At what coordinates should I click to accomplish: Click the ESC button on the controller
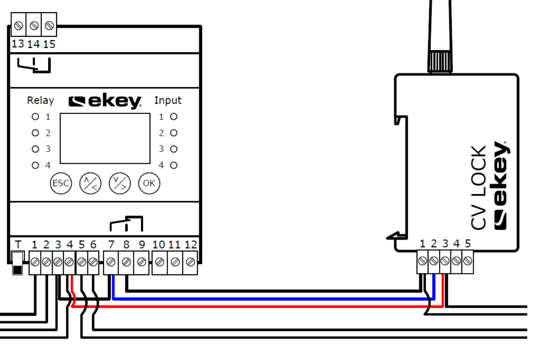click(x=61, y=184)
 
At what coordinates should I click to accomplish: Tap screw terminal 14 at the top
click(x=34, y=26)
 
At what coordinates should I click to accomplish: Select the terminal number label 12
click(x=190, y=244)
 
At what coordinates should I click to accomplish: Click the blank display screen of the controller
click(x=105, y=138)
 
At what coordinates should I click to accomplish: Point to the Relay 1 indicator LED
click(x=35, y=117)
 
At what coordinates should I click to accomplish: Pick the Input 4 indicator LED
click(x=173, y=165)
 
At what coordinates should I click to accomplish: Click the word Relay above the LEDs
click(x=41, y=100)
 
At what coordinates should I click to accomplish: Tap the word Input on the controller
click(x=168, y=100)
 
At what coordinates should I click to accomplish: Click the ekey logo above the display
click(x=105, y=101)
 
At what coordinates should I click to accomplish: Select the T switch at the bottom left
click(x=17, y=263)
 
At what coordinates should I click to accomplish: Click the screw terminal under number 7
click(x=111, y=263)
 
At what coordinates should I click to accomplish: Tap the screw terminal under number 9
click(x=141, y=263)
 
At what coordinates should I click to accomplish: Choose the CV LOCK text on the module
click(x=479, y=188)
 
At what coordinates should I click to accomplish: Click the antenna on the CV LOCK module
click(x=440, y=34)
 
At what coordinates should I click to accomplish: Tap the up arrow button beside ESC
click(x=90, y=184)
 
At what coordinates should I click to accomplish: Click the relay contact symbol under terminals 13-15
click(x=34, y=66)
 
